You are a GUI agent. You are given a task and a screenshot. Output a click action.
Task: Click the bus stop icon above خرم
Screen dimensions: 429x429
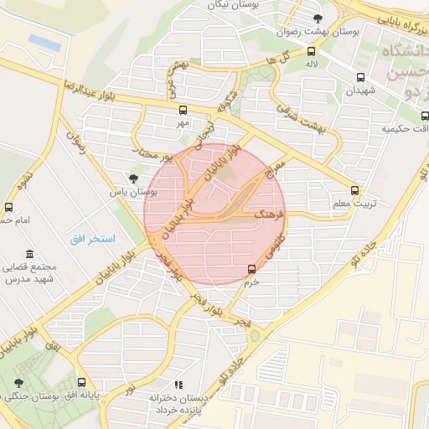tap(252, 269)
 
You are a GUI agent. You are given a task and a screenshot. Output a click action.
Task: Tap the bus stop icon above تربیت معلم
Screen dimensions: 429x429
tap(355, 190)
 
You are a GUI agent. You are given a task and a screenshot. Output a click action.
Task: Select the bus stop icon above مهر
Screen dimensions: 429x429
tap(183, 110)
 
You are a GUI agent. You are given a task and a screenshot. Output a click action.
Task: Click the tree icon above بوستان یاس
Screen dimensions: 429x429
tap(133, 177)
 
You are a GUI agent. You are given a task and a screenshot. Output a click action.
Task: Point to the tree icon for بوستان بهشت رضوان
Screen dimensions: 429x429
tap(317, 18)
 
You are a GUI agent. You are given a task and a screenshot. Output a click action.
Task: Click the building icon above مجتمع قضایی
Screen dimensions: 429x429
tap(30, 254)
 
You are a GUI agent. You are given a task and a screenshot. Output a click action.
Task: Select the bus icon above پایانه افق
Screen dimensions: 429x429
tap(81, 381)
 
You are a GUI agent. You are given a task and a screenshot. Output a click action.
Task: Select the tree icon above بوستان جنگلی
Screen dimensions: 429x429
tap(18, 383)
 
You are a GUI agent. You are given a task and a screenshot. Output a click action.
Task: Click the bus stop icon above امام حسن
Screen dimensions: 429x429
tap(8, 207)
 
